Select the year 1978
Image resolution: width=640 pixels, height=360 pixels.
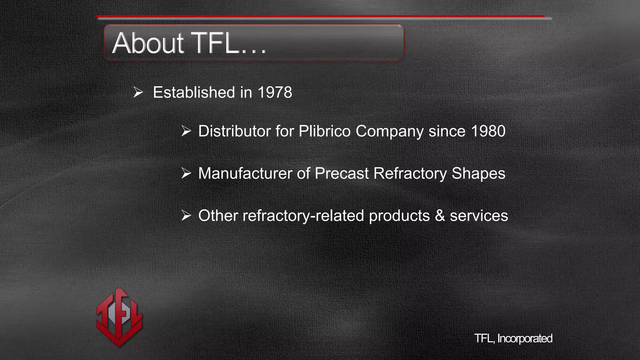[x=275, y=92]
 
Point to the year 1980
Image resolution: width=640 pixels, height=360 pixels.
[x=488, y=131]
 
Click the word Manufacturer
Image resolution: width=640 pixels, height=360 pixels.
[x=245, y=173]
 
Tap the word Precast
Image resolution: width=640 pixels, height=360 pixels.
[x=342, y=173]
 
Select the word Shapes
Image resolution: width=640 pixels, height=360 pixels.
[x=478, y=173]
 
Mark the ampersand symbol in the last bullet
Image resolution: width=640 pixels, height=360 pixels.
[x=440, y=216]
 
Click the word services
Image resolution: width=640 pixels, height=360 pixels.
[x=479, y=216]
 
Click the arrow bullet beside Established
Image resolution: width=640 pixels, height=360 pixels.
[x=138, y=92]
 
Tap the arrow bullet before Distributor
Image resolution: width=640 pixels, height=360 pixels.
[x=186, y=131]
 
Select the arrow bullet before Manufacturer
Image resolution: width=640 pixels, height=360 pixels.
[x=186, y=173]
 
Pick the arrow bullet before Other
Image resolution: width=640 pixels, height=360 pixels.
[x=186, y=216]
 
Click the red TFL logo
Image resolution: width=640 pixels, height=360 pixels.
[x=119, y=317]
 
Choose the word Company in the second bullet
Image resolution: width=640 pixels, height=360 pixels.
[x=389, y=131]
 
